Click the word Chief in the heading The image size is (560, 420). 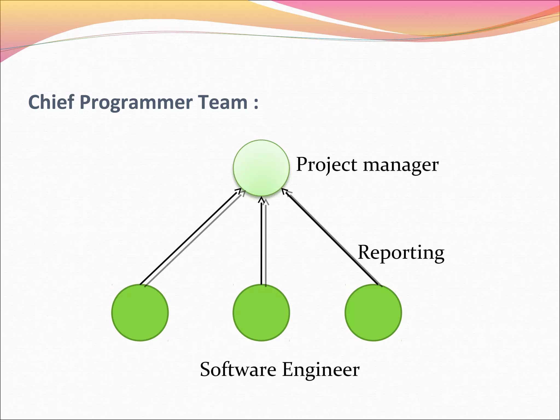pos(51,102)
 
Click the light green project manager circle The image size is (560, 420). pos(261,168)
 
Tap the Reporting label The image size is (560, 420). pos(401,253)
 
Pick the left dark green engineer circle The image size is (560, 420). pos(140,312)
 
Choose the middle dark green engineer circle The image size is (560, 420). pos(261,312)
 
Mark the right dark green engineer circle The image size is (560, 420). pos(373,312)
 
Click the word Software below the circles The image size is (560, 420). pos(238,369)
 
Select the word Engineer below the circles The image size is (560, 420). pos(321,369)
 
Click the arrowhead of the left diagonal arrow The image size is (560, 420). pos(239,190)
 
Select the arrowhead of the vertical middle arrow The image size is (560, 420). pos(261,200)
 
